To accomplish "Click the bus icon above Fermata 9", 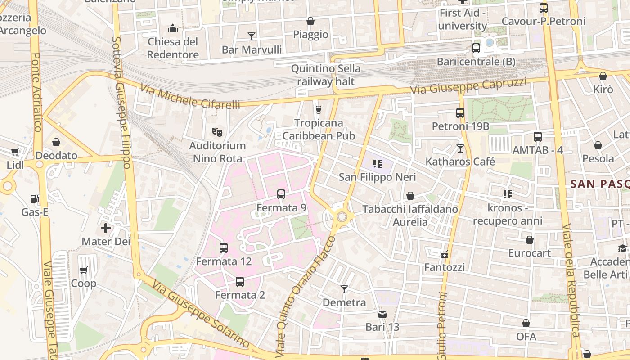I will (281, 194).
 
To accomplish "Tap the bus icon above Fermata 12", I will (224, 247).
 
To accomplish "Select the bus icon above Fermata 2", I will (240, 282).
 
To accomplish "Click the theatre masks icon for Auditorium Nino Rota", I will (217, 132).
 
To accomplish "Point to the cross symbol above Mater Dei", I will (106, 228).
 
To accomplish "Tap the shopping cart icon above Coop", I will (83, 270).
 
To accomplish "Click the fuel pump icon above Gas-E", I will (34, 198).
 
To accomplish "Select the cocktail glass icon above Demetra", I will (344, 289).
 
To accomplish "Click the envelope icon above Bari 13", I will (382, 314).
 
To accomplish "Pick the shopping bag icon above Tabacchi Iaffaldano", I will (410, 196).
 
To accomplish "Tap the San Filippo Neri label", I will (377, 177).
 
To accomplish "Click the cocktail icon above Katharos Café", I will (460, 148).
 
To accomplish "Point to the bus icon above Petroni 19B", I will (460, 113).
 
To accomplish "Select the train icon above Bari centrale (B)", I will (476, 48).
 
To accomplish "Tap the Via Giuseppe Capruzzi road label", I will (468, 86).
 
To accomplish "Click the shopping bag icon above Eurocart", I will (530, 240).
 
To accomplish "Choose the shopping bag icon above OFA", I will (526, 323).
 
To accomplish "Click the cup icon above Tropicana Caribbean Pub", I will (319, 109).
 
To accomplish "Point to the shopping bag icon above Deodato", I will (56, 143).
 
